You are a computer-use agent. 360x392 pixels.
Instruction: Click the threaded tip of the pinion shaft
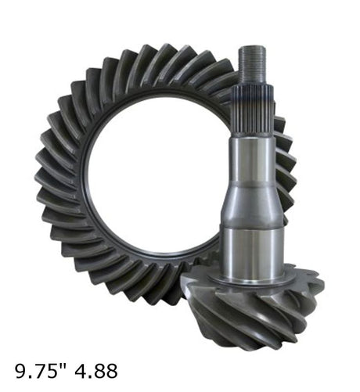[x=253, y=65]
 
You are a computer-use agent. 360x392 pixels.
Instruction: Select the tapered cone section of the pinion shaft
[x=251, y=204]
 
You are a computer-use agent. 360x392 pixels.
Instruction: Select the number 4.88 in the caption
[x=96, y=371]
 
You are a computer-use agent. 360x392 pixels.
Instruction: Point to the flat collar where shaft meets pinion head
[x=252, y=282]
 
